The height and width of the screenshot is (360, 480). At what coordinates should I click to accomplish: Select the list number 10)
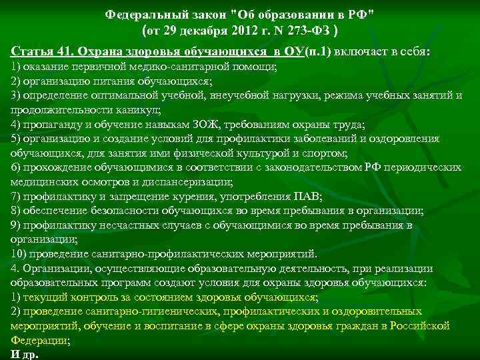coord(21,254)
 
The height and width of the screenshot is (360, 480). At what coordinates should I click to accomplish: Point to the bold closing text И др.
coord(25,353)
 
